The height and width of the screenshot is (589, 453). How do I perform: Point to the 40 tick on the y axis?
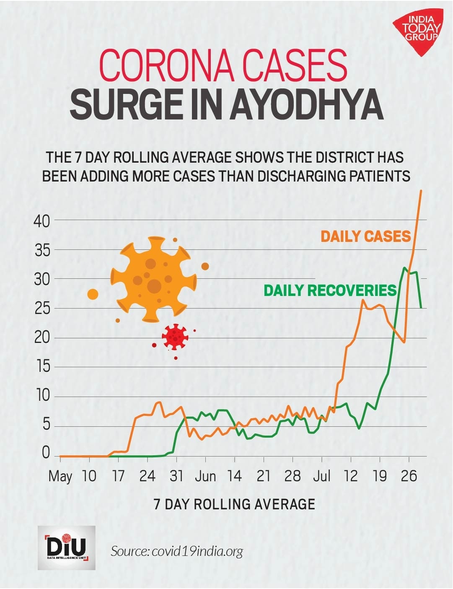pyautogui.click(x=41, y=221)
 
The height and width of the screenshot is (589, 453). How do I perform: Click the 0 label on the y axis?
pyautogui.click(x=46, y=454)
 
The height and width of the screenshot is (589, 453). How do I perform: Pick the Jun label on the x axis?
pyautogui.click(x=205, y=476)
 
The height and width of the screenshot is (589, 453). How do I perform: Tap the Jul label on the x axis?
pyautogui.click(x=322, y=476)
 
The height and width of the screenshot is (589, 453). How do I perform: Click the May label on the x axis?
pyautogui.click(x=60, y=476)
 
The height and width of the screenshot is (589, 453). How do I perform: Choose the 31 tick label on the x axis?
pyautogui.click(x=176, y=476)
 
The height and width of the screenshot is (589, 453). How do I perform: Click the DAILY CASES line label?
pyautogui.click(x=365, y=236)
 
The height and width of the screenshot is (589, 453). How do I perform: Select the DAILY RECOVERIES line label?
pyautogui.click(x=330, y=290)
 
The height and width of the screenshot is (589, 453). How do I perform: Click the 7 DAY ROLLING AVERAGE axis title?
pyautogui.click(x=234, y=503)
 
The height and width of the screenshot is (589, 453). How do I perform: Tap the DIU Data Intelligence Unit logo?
pyautogui.click(x=67, y=547)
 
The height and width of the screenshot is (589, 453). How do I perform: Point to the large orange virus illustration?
pyautogui.click(x=153, y=279)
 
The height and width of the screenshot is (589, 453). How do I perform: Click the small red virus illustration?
pyautogui.click(x=175, y=337)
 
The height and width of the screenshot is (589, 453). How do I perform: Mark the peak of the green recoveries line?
pyautogui.click(x=405, y=267)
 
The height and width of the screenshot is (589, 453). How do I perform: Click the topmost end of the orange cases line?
pyautogui.click(x=421, y=190)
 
